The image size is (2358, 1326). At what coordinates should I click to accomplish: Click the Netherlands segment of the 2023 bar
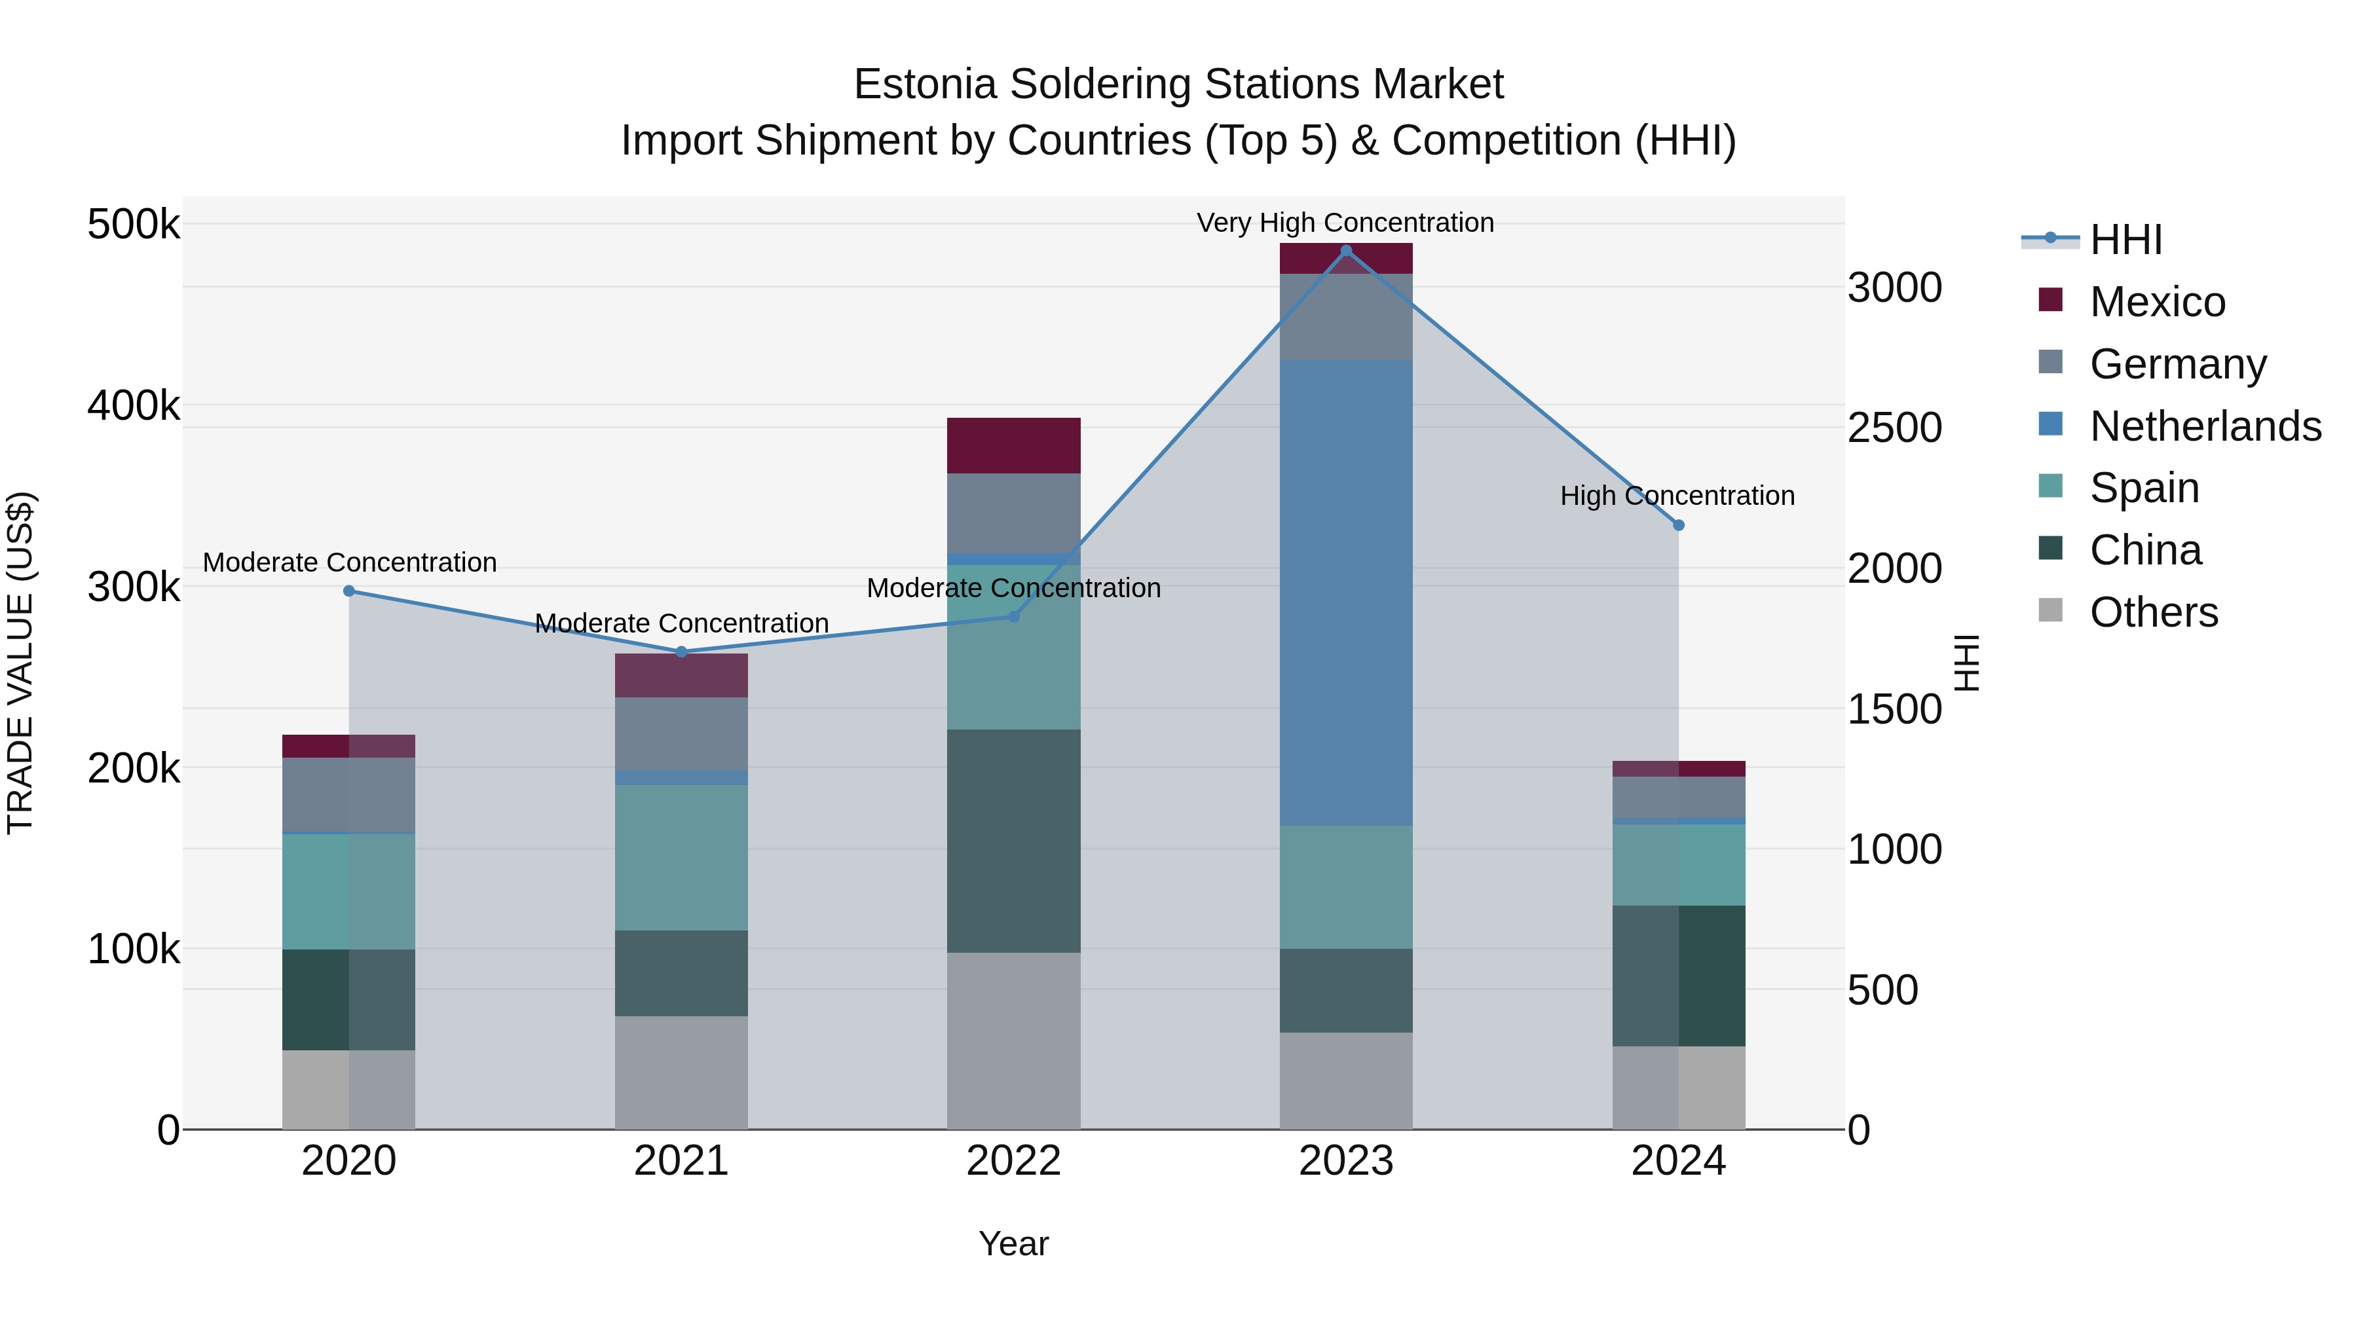(x=1345, y=593)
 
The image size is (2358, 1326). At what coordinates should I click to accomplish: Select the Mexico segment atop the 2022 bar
(x=1013, y=446)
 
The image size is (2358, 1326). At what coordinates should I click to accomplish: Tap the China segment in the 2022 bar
(x=1013, y=840)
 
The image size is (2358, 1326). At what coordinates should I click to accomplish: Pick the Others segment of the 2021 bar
(x=681, y=1073)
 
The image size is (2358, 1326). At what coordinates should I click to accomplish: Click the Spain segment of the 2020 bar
(x=348, y=891)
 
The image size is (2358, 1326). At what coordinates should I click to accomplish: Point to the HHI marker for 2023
(x=1345, y=251)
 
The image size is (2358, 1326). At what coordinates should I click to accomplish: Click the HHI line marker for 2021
(x=681, y=652)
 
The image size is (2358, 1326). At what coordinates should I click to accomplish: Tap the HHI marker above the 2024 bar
(x=1678, y=525)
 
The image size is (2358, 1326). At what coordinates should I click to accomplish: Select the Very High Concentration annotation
(x=1345, y=223)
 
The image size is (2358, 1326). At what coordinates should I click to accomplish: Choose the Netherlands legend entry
(x=2204, y=426)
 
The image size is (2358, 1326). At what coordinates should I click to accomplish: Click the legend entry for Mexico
(x=2157, y=302)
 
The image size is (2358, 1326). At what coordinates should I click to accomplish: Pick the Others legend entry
(x=2153, y=612)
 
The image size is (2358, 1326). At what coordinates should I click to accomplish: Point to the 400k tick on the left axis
(x=134, y=405)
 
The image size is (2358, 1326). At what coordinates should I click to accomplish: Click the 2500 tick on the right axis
(x=1894, y=428)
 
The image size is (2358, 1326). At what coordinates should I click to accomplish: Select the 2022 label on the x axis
(x=1013, y=1161)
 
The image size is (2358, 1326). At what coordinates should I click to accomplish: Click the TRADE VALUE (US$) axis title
(x=20, y=663)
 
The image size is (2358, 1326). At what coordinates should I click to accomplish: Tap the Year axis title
(x=1013, y=1243)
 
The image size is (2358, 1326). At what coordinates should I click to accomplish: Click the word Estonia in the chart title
(x=924, y=84)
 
